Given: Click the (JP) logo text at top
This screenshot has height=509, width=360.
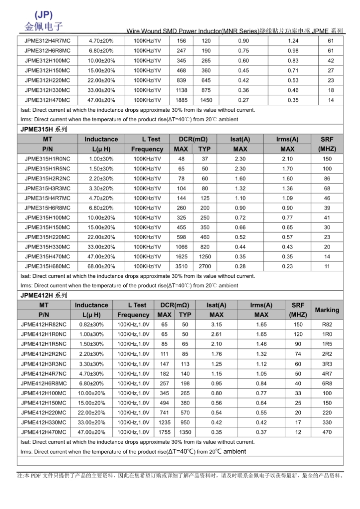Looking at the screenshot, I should pyautogui.click(x=43, y=15).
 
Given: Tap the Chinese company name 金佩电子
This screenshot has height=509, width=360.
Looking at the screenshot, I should pyautogui.click(x=43, y=27).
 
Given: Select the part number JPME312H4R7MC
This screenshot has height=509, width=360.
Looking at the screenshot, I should pyautogui.click(x=47, y=41).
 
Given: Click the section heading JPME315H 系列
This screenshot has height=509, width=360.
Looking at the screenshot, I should pyautogui.click(x=44, y=129).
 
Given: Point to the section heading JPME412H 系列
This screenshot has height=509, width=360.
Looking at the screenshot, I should pyautogui.click(x=44, y=295).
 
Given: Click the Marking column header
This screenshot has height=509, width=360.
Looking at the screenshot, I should pyautogui.click(x=327, y=310).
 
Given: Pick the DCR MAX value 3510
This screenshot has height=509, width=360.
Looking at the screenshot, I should pyautogui.click(x=181, y=266).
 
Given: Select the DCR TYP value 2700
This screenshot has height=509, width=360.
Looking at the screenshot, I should pyautogui.click(x=205, y=266).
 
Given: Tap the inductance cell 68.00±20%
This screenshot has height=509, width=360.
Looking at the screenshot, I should pyautogui.click(x=101, y=266).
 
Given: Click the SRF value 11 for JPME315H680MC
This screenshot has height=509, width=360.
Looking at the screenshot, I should pyautogui.click(x=327, y=266).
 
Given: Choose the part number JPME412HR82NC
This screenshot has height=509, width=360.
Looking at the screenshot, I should pyautogui.click(x=44, y=324).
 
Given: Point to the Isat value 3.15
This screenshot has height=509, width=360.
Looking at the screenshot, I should pyautogui.click(x=216, y=324).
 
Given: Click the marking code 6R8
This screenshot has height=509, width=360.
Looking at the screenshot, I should pyautogui.click(x=327, y=383).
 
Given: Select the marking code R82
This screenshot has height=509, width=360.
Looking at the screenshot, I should pyautogui.click(x=327, y=324).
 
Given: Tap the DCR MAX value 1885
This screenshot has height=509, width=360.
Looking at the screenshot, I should pyautogui.click(x=181, y=100).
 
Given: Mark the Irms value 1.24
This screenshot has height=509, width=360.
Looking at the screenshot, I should pyautogui.click(x=293, y=41).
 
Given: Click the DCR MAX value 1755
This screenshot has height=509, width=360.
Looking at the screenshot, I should pyautogui.click(x=164, y=432).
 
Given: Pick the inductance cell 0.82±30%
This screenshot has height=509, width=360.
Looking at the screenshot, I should pyautogui.click(x=91, y=324).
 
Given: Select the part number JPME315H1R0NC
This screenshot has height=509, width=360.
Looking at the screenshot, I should pyautogui.click(x=47, y=159).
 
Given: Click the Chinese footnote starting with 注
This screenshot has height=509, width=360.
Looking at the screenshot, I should pyautogui.click(x=180, y=476).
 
